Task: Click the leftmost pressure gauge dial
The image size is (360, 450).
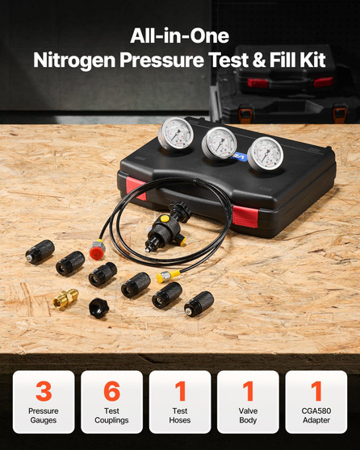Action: (x=174, y=134)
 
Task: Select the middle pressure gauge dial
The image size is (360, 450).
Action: (x=219, y=144)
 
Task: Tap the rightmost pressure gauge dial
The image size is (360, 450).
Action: (x=266, y=155)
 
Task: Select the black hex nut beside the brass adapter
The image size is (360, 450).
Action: (x=99, y=308)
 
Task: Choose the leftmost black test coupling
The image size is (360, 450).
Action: (x=39, y=252)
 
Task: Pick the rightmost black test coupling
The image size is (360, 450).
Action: (x=199, y=304)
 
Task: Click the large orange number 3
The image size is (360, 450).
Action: (x=44, y=391)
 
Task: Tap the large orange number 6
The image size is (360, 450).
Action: (x=111, y=391)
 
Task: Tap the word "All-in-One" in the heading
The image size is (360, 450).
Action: (x=179, y=35)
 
